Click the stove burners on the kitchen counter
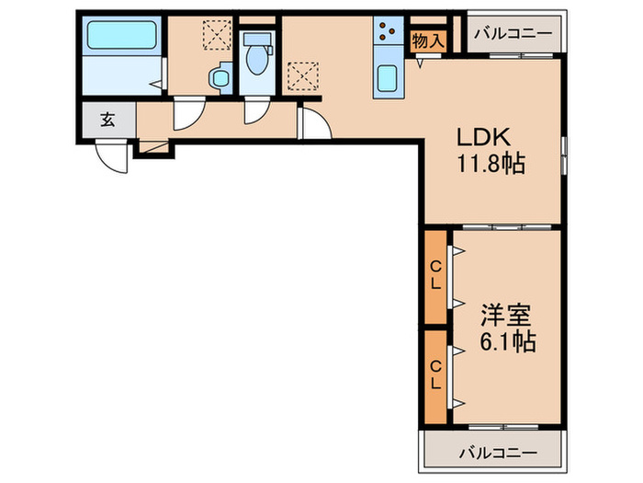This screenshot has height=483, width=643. pos(385,34)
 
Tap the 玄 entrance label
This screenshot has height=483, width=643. pos(107,119)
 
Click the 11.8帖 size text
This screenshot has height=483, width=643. pos(491,166)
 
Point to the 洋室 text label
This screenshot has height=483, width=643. pos(504,316)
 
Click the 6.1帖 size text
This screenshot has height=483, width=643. pos(504,342)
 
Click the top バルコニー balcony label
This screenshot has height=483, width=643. pos(513,35)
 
